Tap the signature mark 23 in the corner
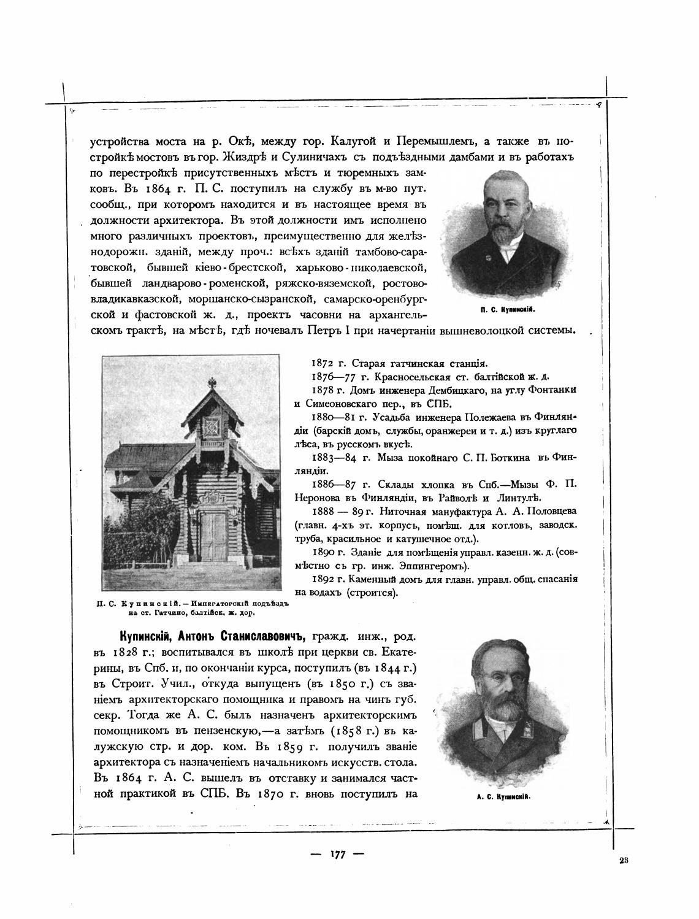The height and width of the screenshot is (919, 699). pyautogui.click(x=624, y=860)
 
